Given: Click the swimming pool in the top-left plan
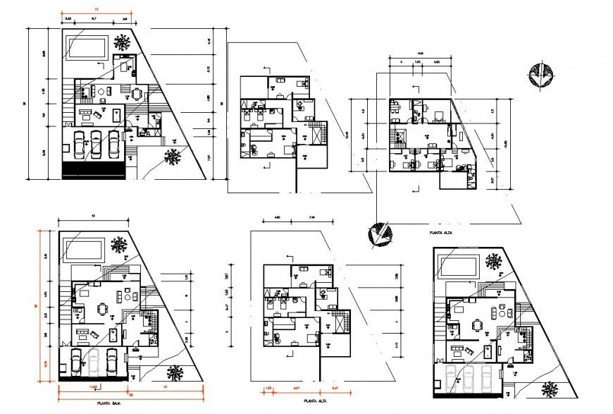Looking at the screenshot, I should [87, 48].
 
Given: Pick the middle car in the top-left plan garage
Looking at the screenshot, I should [95, 143].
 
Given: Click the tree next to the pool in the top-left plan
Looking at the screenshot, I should [123, 42].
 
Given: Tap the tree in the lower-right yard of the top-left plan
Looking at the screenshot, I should [173, 157].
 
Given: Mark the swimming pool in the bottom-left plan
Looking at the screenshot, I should [83, 249].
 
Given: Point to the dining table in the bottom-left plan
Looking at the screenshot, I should [104, 308].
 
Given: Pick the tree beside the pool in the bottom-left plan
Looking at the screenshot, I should [119, 245].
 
